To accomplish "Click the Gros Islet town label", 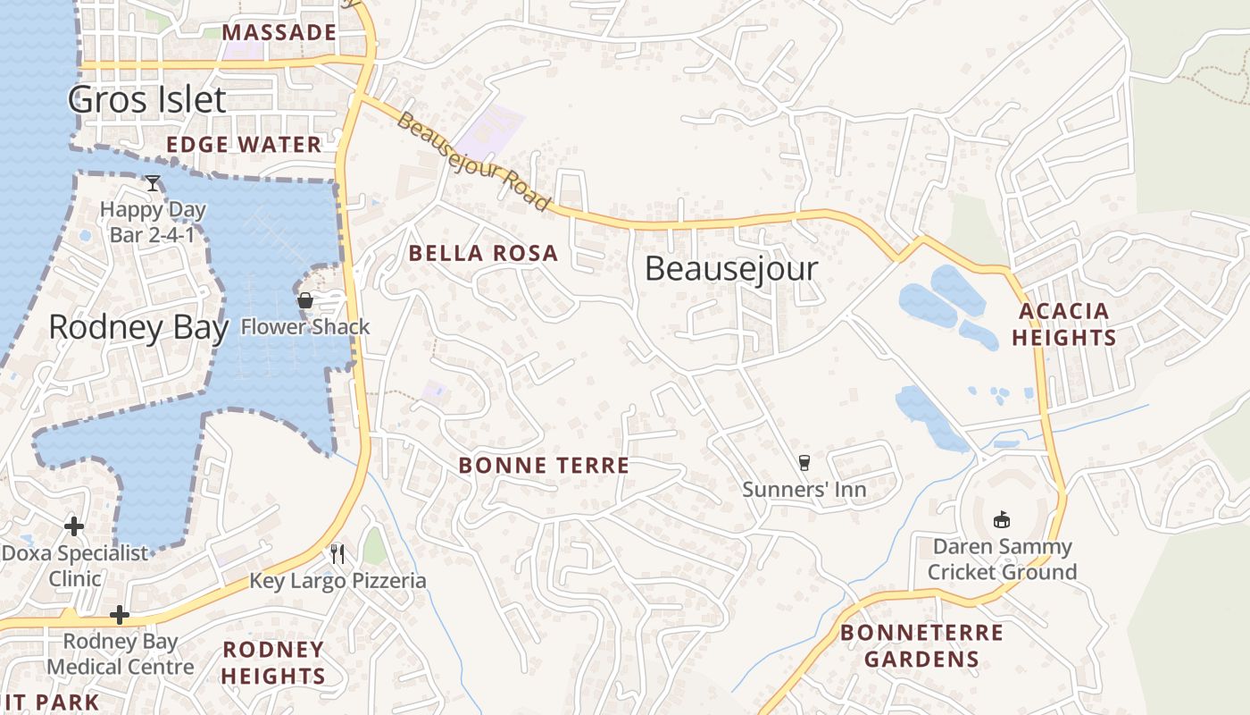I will (147, 99).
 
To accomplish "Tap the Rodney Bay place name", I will (138, 328).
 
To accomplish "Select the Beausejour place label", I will (731, 268).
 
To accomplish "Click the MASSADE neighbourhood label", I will (279, 33).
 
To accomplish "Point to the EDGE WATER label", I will (244, 145).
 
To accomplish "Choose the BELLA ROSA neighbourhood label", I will (483, 254).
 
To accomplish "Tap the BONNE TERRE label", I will (544, 466).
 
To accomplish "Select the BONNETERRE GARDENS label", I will (922, 646).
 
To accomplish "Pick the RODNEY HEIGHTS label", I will (273, 662).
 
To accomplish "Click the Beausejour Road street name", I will (473, 161).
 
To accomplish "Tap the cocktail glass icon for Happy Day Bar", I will (153, 183).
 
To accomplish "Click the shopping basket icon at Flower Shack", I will (305, 300).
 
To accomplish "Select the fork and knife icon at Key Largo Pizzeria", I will (337, 553).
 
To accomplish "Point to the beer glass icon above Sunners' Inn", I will (804, 463).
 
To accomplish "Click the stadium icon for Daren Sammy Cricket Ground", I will (1002, 519).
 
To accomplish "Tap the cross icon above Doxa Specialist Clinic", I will (74, 526).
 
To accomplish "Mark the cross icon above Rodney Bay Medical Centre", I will (120, 615).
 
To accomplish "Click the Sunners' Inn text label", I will (804, 490).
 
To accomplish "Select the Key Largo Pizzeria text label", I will (337, 581).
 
